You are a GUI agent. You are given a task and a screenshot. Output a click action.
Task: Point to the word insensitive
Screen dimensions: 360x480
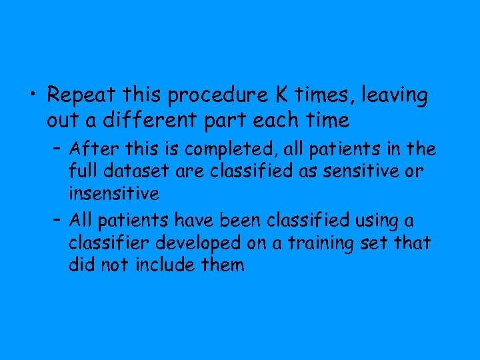pyautogui.click(x=113, y=195)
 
